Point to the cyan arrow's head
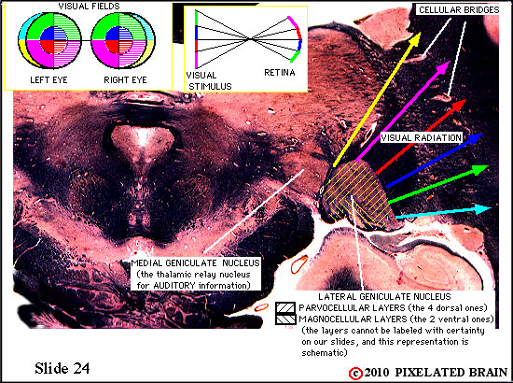click(x=491, y=208)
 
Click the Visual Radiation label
click(x=421, y=137)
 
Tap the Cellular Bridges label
click(x=459, y=10)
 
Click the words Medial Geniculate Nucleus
click(x=195, y=263)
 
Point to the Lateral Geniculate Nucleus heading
click(x=384, y=297)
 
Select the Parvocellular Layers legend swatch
click(x=285, y=308)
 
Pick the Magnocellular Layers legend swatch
click(x=285, y=319)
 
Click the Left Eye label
click(x=49, y=80)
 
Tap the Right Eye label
click(x=125, y=80)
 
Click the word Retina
click(x=280, y=73)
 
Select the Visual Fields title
click(x=89, y=6)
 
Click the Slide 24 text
click(x=62, y=368)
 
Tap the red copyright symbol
click(x=355, y=374)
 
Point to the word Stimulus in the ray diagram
click(x=210, y=87)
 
